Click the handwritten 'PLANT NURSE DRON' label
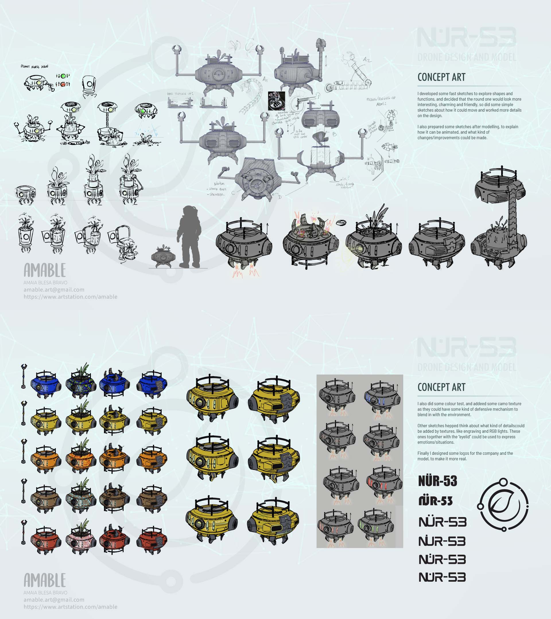[x=34, y=66]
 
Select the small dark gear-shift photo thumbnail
[x=276, y=101]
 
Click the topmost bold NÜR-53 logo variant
[x=437, y=481]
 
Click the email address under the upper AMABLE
[x=54, y=289]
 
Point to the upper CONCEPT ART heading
[x=441, y=77]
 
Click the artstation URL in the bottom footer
[x=70, y=607]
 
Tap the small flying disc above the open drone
[x=341, y=223]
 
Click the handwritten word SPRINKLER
[x=216, y=194]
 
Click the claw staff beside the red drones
[x=24, y=532]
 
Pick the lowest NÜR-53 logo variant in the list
[x=442, y=577]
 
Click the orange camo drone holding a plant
[x=81, y=458]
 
